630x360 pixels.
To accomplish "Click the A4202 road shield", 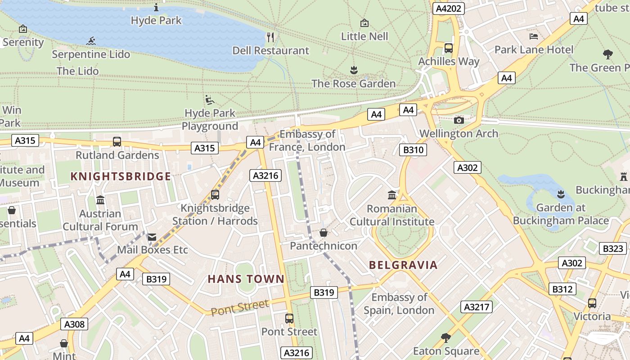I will [x=448, y=8].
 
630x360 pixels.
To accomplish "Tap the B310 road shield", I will [x=413, y=150].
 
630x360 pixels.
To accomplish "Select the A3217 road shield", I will [x=477, y=307].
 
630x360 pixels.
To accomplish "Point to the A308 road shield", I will [x=74, y=324].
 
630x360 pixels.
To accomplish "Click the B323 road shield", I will [x=613, y=248].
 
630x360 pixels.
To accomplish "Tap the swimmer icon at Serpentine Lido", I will [x=91, y=41].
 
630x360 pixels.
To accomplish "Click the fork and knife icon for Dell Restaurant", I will [x=270, y=37].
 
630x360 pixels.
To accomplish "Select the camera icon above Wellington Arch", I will [x=459, y=120].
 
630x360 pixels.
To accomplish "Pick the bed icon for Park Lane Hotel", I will [x=534, y=36].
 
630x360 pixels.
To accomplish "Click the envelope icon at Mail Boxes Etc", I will [x=152, y=237].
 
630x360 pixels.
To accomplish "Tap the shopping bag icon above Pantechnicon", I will [x=323, y=233].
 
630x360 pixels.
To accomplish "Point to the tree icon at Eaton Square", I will [x=446, y=337].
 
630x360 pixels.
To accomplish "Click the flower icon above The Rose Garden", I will [x=353, y=70].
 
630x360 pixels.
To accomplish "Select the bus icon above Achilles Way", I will [x=449, y=48].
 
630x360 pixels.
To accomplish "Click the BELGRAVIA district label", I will [x=403, y=265].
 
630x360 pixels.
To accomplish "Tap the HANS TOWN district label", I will [x=246, y=279].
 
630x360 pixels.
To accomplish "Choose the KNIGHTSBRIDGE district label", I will [x=121, y=176].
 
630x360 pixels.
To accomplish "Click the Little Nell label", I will [x=364, y=36].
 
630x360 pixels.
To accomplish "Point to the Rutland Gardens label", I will [x=117, y=155].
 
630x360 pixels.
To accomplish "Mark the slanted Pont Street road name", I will [x=240, y=307].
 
